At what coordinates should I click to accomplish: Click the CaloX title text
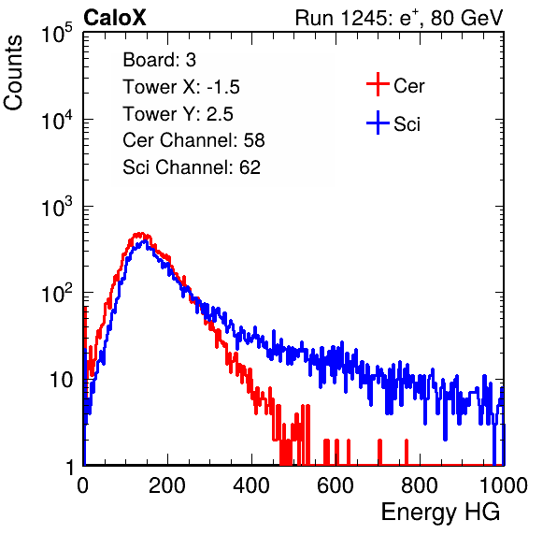[x=115, y=18]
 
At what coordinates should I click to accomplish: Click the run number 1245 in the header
[x=363, y=18]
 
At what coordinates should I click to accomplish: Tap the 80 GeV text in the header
[x=467, y=18]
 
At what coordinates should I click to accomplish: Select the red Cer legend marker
[x=378, y=84]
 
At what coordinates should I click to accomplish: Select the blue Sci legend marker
[x=378, y=123]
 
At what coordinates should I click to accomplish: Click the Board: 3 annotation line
[x=160, y=60]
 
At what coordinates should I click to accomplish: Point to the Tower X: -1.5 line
[x=181, y=87]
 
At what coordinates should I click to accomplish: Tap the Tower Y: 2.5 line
[x=178, y=114]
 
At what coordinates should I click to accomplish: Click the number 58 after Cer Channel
[x=254, y=140]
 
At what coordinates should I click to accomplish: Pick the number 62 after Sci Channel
[x=250, y=167]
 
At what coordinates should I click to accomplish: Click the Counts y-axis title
[x=13, y=73]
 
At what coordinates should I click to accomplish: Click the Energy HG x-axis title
[x=440, y=513]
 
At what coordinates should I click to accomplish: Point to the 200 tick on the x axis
[x=167, y=485]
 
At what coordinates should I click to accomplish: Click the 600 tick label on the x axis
[x=336, y=485]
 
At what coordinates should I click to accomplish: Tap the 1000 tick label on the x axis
[x=504, y=485]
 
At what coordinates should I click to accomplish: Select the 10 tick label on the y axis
[x=62, y=380]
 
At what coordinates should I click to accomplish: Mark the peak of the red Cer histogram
[x=141, y=234]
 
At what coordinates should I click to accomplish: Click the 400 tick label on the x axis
[x=251, y=485]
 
